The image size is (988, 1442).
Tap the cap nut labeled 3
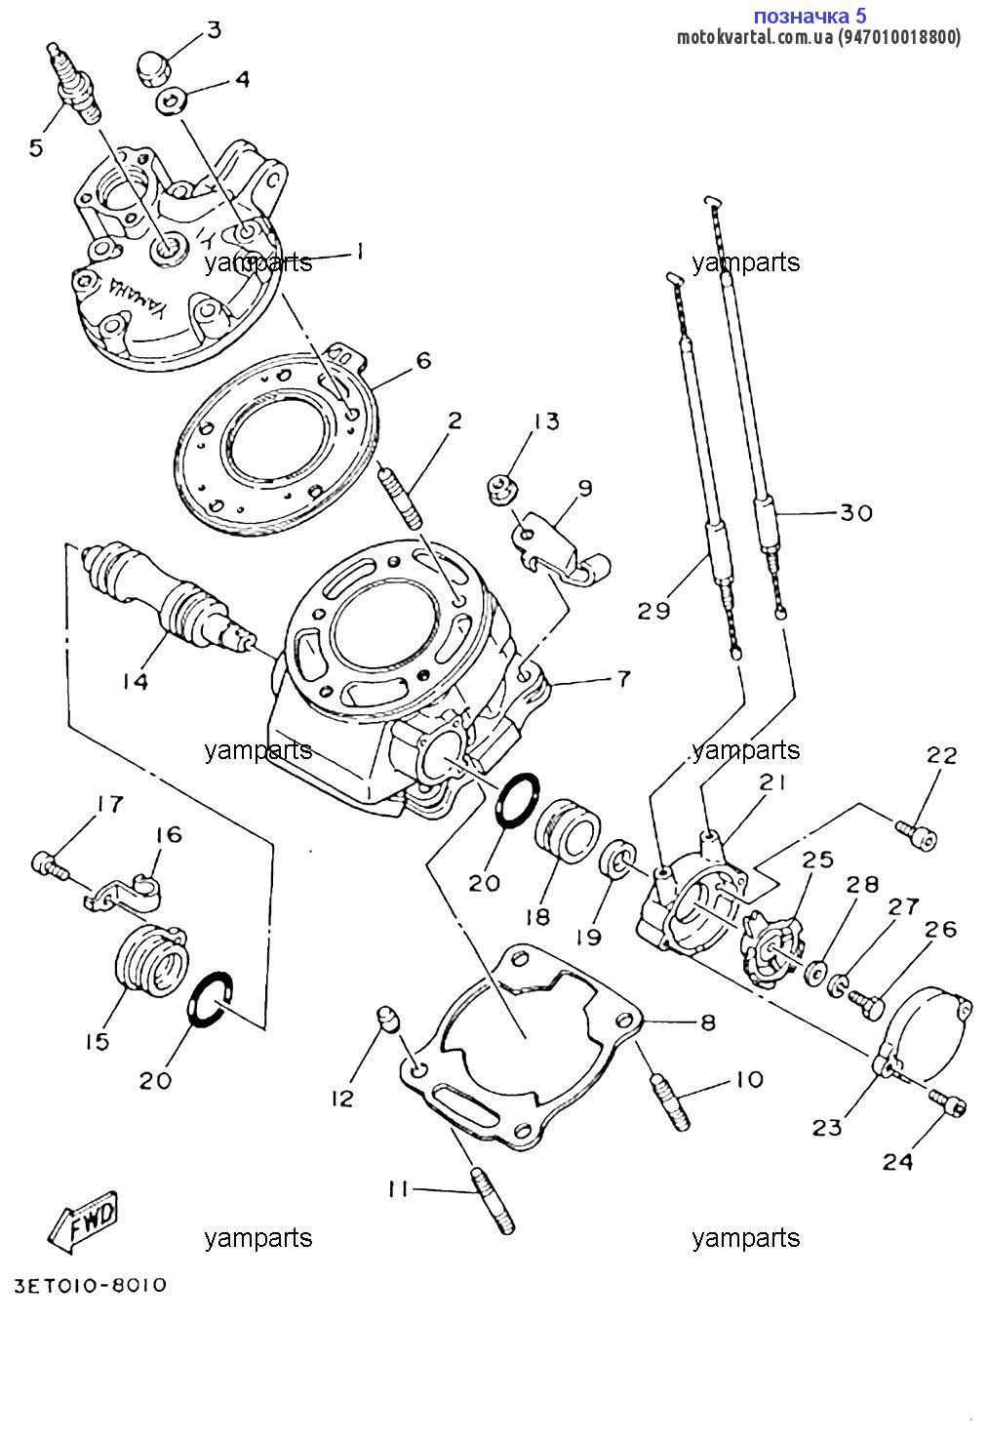156,68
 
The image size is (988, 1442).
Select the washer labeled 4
173,100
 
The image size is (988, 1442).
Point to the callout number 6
423,361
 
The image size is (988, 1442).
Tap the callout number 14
136,682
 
